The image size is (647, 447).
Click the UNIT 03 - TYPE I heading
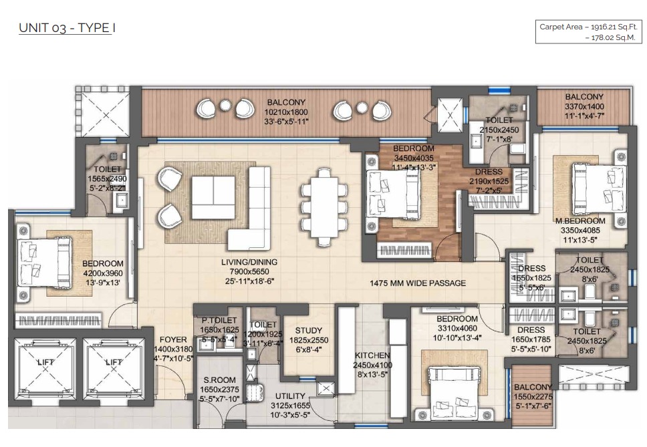pos(67,28)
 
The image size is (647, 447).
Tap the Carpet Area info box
pos(589,32)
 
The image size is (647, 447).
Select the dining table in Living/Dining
pos(324,207)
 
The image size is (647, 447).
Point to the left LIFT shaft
pos(45,369)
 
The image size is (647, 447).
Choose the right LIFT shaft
pos(114,369)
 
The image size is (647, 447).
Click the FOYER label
pos(173,340)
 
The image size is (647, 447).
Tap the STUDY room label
pos(309,331)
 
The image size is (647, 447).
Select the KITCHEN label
pos(372,355)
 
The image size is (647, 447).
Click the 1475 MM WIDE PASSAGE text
pos(418,283)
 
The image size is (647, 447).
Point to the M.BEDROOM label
pos(580,221)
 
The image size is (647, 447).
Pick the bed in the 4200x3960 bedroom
pos(44,263)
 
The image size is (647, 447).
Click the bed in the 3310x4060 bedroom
pos(455,392)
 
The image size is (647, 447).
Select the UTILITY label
pos(290,396)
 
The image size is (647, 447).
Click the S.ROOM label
pos(219,380)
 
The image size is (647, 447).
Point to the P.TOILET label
pos(219,321)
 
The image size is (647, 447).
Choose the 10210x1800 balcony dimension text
pos(286,112)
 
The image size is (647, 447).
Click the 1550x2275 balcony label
pos(533,397)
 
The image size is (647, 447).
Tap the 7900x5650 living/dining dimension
pos(249,272)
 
